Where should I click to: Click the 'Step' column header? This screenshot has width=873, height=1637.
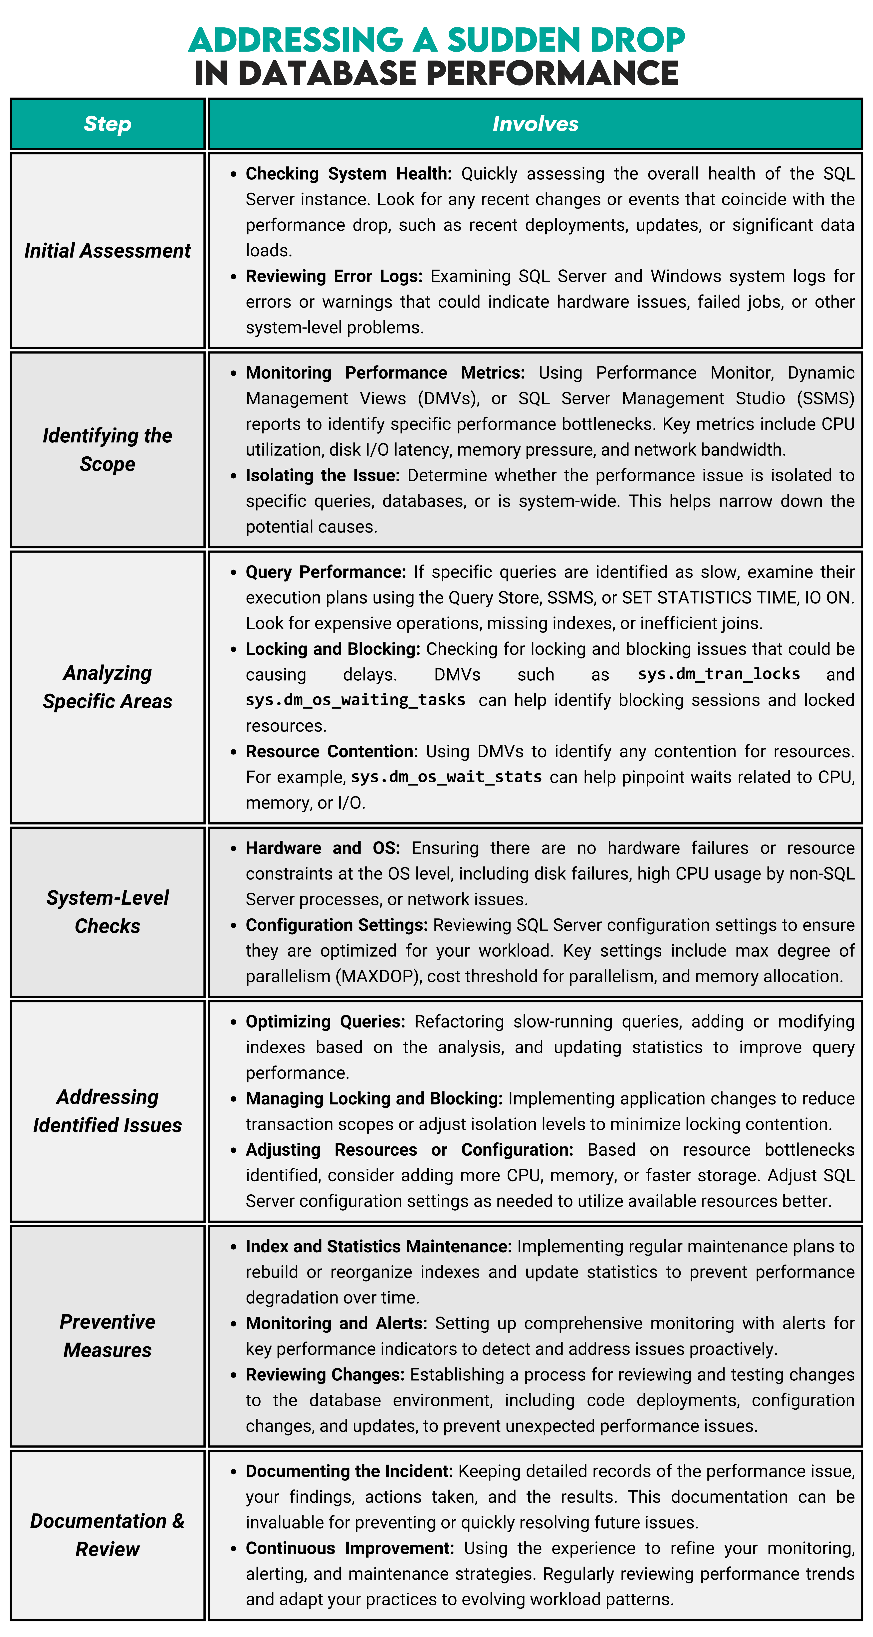point(107,124)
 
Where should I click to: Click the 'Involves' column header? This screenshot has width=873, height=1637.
point(535,124)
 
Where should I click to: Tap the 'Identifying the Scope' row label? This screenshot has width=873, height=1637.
point(107,449)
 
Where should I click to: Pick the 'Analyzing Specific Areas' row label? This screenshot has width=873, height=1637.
point(107,687)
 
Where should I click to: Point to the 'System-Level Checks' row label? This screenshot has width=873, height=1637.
point(107,911)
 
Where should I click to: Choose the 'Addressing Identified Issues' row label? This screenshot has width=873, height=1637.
point(107,1111)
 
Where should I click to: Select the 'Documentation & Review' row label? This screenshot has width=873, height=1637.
point(107,1535)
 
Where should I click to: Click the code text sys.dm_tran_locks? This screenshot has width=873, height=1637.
point(719,674)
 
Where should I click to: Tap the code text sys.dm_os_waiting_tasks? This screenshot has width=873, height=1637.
point(355,700)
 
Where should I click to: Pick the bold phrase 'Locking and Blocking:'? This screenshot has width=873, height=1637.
point(333,649)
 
